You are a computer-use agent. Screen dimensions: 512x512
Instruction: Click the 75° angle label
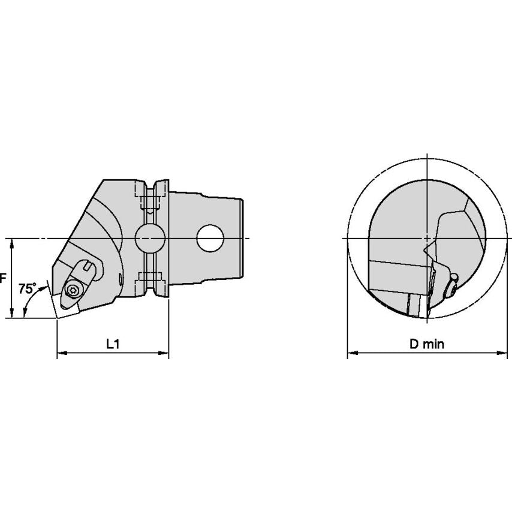[x=27, y=288]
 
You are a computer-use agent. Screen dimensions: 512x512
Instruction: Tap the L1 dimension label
[x=113, y=344]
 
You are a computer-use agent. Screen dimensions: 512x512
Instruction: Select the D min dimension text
[x=427, y=344]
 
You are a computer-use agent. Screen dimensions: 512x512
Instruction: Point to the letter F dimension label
[x=2, y=279]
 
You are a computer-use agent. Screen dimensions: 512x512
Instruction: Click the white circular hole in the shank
[x=210, y=239]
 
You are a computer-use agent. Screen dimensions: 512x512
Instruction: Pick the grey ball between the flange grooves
[x=150, y=239]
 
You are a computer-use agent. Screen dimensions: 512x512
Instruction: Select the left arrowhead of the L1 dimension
[x=62, y=353]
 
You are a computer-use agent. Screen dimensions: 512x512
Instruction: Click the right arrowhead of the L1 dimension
[x=164, y=353]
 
